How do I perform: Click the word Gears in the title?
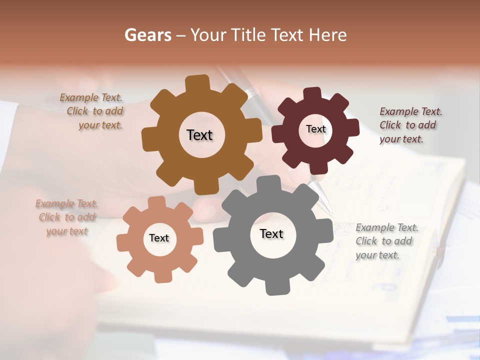[x=147, y=35]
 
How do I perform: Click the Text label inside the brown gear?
[x=200, y=135]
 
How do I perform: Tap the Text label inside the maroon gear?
[x=315, y=129]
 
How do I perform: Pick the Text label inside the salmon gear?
[x=159, y=238]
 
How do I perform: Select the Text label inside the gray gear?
[x=271, y=234]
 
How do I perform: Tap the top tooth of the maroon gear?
[x=313, y=93]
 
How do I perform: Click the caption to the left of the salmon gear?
[x=66, y=217]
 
